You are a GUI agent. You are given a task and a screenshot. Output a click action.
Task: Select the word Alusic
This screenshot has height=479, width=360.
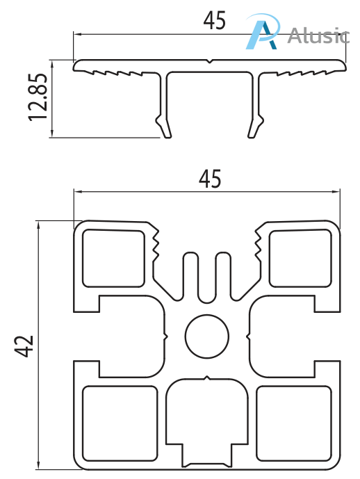click(x=318, y=34)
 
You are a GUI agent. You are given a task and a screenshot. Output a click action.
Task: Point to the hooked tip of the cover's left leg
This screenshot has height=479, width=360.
click(x=165, y=129)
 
